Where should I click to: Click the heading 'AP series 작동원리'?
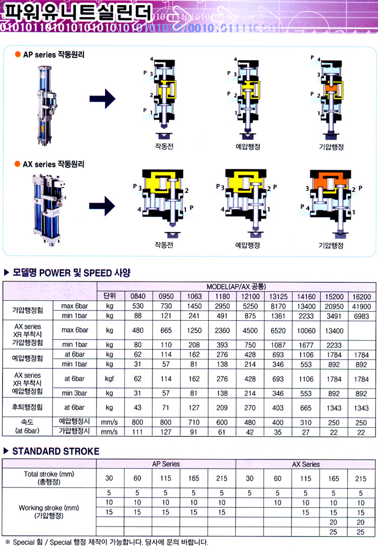click(x=54, y=55)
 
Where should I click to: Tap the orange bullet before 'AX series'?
click(x=18, y=164)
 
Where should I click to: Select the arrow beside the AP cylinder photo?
click(x=102, y=99)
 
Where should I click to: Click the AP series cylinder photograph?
click(x=45, y=106)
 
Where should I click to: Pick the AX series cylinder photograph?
click(x=49, y=209)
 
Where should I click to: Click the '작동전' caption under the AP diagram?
click(x=164, y=146)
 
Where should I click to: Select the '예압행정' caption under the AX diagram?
click(x=247, y=245)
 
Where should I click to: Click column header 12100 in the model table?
click(x=250, y=296)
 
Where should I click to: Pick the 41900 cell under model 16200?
click(x=362, y=307)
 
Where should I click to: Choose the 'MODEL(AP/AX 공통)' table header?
click(x=236, y=287)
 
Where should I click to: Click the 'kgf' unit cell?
click(x=109, y=379)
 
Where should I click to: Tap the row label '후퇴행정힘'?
click(x=27, y=407)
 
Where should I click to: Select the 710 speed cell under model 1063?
click(x=194, y=423)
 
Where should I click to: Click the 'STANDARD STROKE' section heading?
click(x=56, y=451)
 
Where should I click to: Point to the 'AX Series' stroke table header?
click(x=306, y=464)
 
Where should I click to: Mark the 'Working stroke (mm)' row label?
click(x=49, y=508)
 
